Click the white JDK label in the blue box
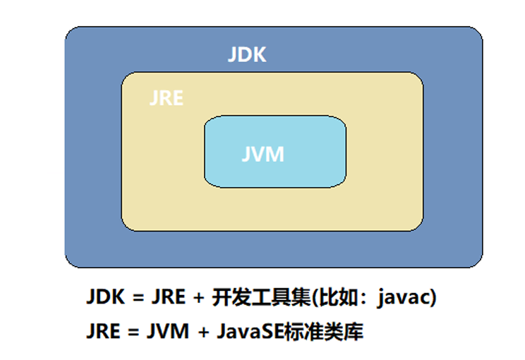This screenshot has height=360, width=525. click(x=247, y=54)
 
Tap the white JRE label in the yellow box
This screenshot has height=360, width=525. click(x=167, y=98)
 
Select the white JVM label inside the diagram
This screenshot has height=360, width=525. click(x=262, y=154)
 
